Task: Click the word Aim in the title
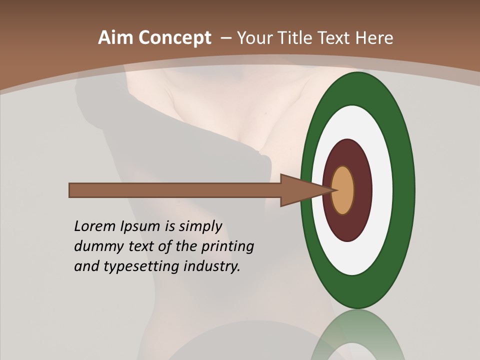115,38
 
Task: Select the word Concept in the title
174,38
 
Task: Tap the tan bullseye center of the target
343,190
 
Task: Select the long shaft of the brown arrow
175,190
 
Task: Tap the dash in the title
225,38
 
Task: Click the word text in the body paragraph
141,246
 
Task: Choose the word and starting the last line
86,266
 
